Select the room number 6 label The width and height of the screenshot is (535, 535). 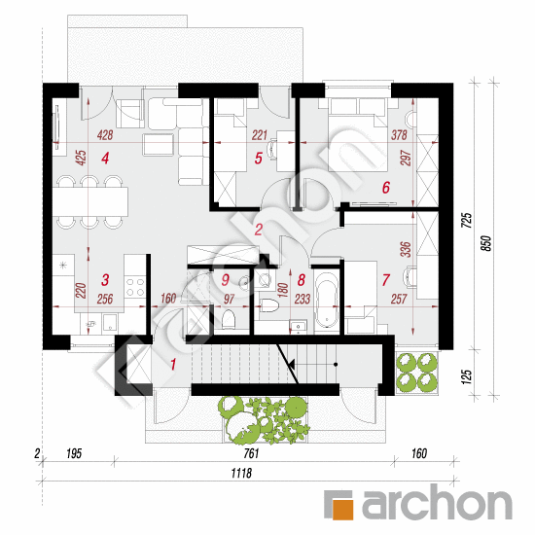(385, 189)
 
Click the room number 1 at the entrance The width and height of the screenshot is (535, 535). (174, 366)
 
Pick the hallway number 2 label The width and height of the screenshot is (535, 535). (258, 231)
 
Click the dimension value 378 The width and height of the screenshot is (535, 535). (398, 137)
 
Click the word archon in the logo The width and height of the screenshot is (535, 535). (436, 504)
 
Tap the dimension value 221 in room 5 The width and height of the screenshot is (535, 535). (259, 137)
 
